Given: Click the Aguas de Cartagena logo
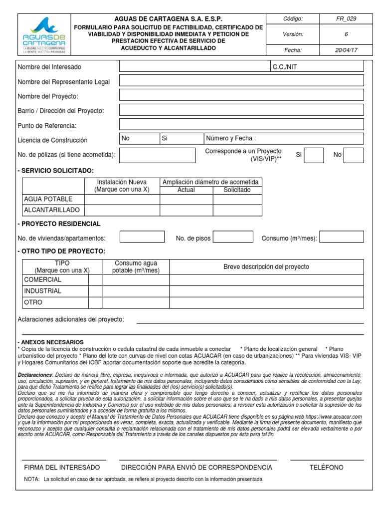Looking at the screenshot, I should pos(44,33).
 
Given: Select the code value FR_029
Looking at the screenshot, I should pos(346,19).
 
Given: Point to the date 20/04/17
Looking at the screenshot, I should pos(346,50).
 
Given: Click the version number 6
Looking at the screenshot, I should pos(346,34).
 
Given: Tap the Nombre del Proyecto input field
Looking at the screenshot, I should pos(241,95).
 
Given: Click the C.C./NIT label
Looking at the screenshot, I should pos(284,66).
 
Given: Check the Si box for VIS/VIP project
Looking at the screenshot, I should pos(314,155).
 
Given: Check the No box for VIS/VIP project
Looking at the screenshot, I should pos(354,155).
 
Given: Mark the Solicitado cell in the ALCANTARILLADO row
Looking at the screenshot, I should pos(237,210).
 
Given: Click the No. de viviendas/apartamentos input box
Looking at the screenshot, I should pos(142,237).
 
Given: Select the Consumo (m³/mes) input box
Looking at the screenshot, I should pos(342,237).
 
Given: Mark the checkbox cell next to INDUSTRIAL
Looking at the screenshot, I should pos(95,291).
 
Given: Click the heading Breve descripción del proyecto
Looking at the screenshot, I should pos(266,267).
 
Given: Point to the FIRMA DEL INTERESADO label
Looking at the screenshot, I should pos(62,468).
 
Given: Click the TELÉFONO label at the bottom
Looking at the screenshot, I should pos(326,468).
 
